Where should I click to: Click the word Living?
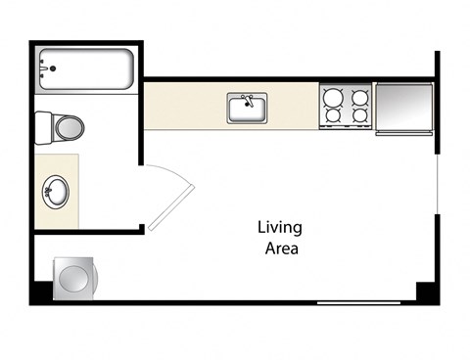click(280, 228)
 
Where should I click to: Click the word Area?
click(282, 248)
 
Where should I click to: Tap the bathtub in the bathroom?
click(86, 68)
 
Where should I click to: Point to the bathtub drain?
click(53, 68)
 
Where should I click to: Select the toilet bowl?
click(70, 128)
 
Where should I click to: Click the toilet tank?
click(43, 128)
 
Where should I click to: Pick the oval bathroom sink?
click(56, 192)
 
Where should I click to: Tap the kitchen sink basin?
click(247, 110)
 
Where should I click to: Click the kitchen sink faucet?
click(248, 101)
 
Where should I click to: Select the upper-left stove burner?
click(333, 98)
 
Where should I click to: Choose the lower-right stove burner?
click(360, 115)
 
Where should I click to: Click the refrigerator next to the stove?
click(404, 109)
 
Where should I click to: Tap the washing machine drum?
click(74, 278)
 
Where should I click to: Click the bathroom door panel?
click(171, 207)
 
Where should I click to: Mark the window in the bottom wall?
click(358, 303)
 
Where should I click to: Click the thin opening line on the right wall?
click(437, 184)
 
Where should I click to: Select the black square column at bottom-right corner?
click(426, 292)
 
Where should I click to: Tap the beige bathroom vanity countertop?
click(57, 191)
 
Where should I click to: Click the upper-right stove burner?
click(360, 98)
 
